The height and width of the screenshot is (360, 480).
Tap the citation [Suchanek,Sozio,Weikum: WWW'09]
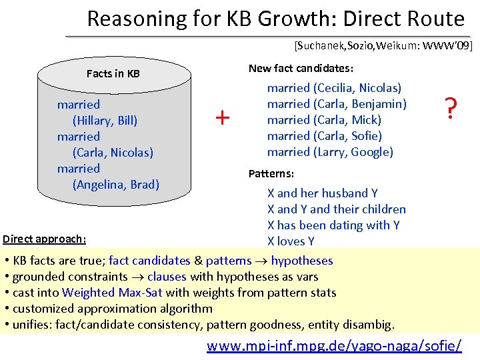pyautogui.click(x=383, y=45)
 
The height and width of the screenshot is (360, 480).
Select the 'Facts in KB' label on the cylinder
pyautogui.click(x=113, y=73)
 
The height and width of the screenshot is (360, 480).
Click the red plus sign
pyautogui.click(x=222, y=118)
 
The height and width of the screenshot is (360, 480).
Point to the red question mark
pyautogui.click(x=451, y=107)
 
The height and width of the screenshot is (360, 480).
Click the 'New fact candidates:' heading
pyautogui.click(x=301, y=69)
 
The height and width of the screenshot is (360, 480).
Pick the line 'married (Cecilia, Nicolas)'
pyautogui.click(x=334, y=88)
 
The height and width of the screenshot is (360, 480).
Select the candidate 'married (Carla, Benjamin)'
pyautogui.click(x=337, y=104)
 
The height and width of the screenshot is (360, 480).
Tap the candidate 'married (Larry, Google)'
pyautogui.click(x=330, y=152)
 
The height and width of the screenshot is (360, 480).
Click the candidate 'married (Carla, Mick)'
pyautogui.click(x=324, y=120)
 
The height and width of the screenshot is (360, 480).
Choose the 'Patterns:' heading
pyautogui.click(x=271, y=174)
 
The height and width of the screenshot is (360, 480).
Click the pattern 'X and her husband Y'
pyautogui.click(x=323, y=193)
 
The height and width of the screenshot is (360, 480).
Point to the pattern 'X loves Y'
pyautogui.click(x=291, y=241)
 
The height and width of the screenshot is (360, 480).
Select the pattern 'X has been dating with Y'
pyautogui.click(x=333, y=225)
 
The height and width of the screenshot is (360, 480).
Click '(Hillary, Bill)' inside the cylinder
pyautogui.click(x=105, y=121)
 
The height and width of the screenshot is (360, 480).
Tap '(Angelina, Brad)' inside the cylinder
pyautogui.click(x=115, y=185)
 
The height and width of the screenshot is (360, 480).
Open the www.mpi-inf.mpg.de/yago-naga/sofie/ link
pyautogui.click(x=334, y=346)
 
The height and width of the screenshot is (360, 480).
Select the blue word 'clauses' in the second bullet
pyautogui.click(x=167, y=276)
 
